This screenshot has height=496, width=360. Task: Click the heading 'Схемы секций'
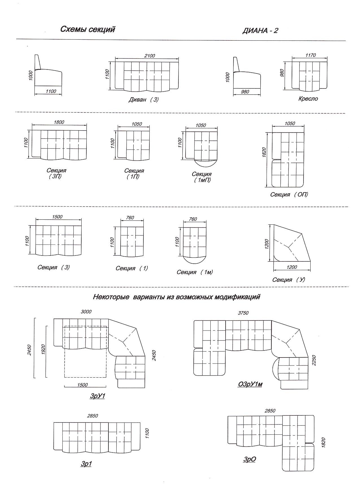88,30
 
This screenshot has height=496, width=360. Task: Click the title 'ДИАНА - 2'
260,31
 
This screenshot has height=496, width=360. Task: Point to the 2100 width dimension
149,56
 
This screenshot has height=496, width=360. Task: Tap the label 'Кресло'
308,99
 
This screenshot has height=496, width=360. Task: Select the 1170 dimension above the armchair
311,55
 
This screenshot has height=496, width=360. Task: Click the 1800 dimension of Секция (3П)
59,122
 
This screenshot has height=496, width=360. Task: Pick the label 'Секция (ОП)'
289,194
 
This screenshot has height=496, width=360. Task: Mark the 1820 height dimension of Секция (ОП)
264,153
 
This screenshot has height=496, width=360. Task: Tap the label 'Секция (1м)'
195,272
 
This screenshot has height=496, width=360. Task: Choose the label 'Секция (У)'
289,280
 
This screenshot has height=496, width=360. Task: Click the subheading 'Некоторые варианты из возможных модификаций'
176,297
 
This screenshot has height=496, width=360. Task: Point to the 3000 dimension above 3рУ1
86,312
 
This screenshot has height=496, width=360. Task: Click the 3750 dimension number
243,313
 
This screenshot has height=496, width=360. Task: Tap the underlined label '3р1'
86,464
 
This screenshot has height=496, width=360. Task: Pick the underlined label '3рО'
250,459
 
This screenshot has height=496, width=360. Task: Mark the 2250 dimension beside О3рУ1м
313,360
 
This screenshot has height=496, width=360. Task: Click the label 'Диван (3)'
143,99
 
